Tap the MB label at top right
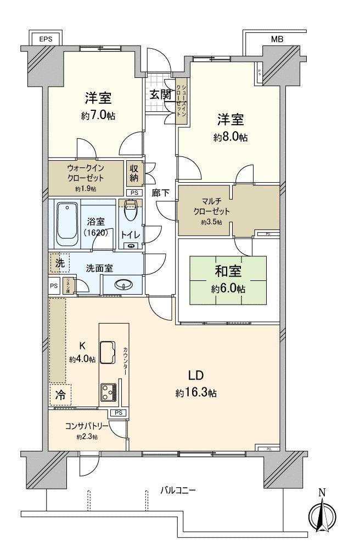(277, 40)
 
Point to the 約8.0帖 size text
(230, 138)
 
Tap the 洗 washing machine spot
(59, 263)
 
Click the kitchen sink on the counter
(108, 350)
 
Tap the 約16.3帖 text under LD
(196, 393)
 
